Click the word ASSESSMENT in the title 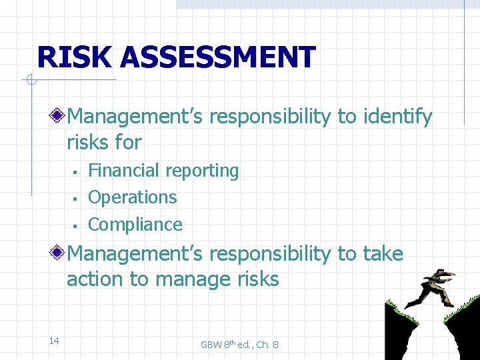click(x=217, y=57)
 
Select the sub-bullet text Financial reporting click(x=163, y=171)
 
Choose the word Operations click(x=133, y=197)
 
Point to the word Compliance click(x=135, y=225)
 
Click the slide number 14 click(x=54, y=341)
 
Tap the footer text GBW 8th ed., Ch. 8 click(x=239, y=344)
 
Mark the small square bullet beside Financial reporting click(x=77, y=173)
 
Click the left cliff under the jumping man click(x=400, y=333)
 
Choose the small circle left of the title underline click(x=30, y=81)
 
